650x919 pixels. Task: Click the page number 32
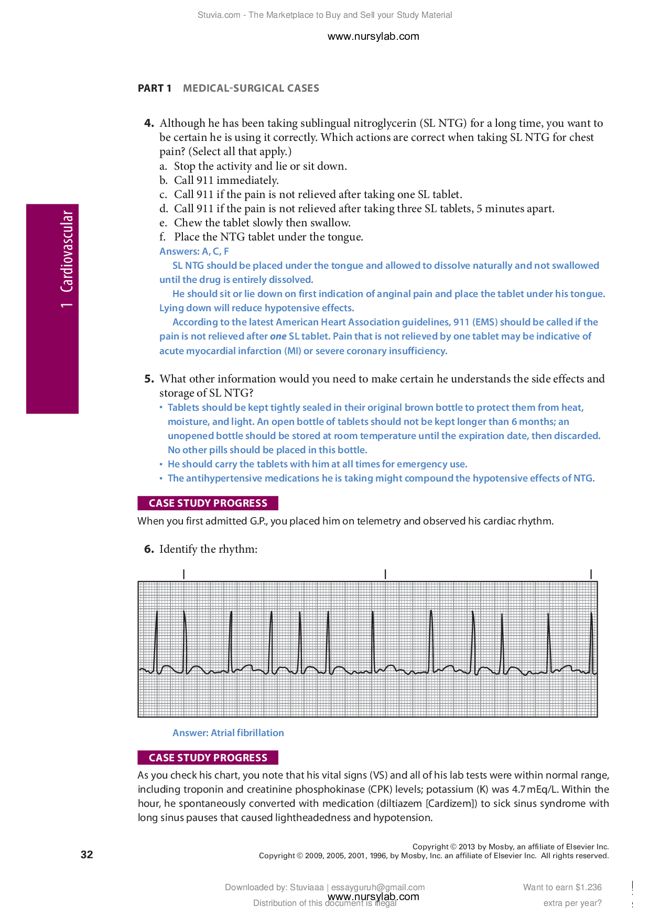click(x=87, y=855)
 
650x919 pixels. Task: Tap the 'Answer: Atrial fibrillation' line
click(x=228, y=733)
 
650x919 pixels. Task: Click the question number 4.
click(x=149, y=123)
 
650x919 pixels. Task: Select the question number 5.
click(x=149, y=379)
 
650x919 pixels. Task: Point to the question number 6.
click(x=149, y=549)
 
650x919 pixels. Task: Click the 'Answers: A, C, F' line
click(x=194, y=251)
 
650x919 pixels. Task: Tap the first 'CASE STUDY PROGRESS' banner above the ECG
click(x=208, y=503)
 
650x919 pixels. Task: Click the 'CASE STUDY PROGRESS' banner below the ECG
click(x=208, y=758)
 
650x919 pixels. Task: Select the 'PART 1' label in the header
click(x=155, y=88)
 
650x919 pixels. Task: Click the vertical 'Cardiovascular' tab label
click(x=67, y=251)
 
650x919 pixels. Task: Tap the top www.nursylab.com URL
click(x=373, y=36)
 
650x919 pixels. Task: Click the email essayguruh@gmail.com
click(x=378, y=887)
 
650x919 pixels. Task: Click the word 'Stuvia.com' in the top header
click(x=219, y=15)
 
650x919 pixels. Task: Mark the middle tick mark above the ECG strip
click(x=385, y=574)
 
